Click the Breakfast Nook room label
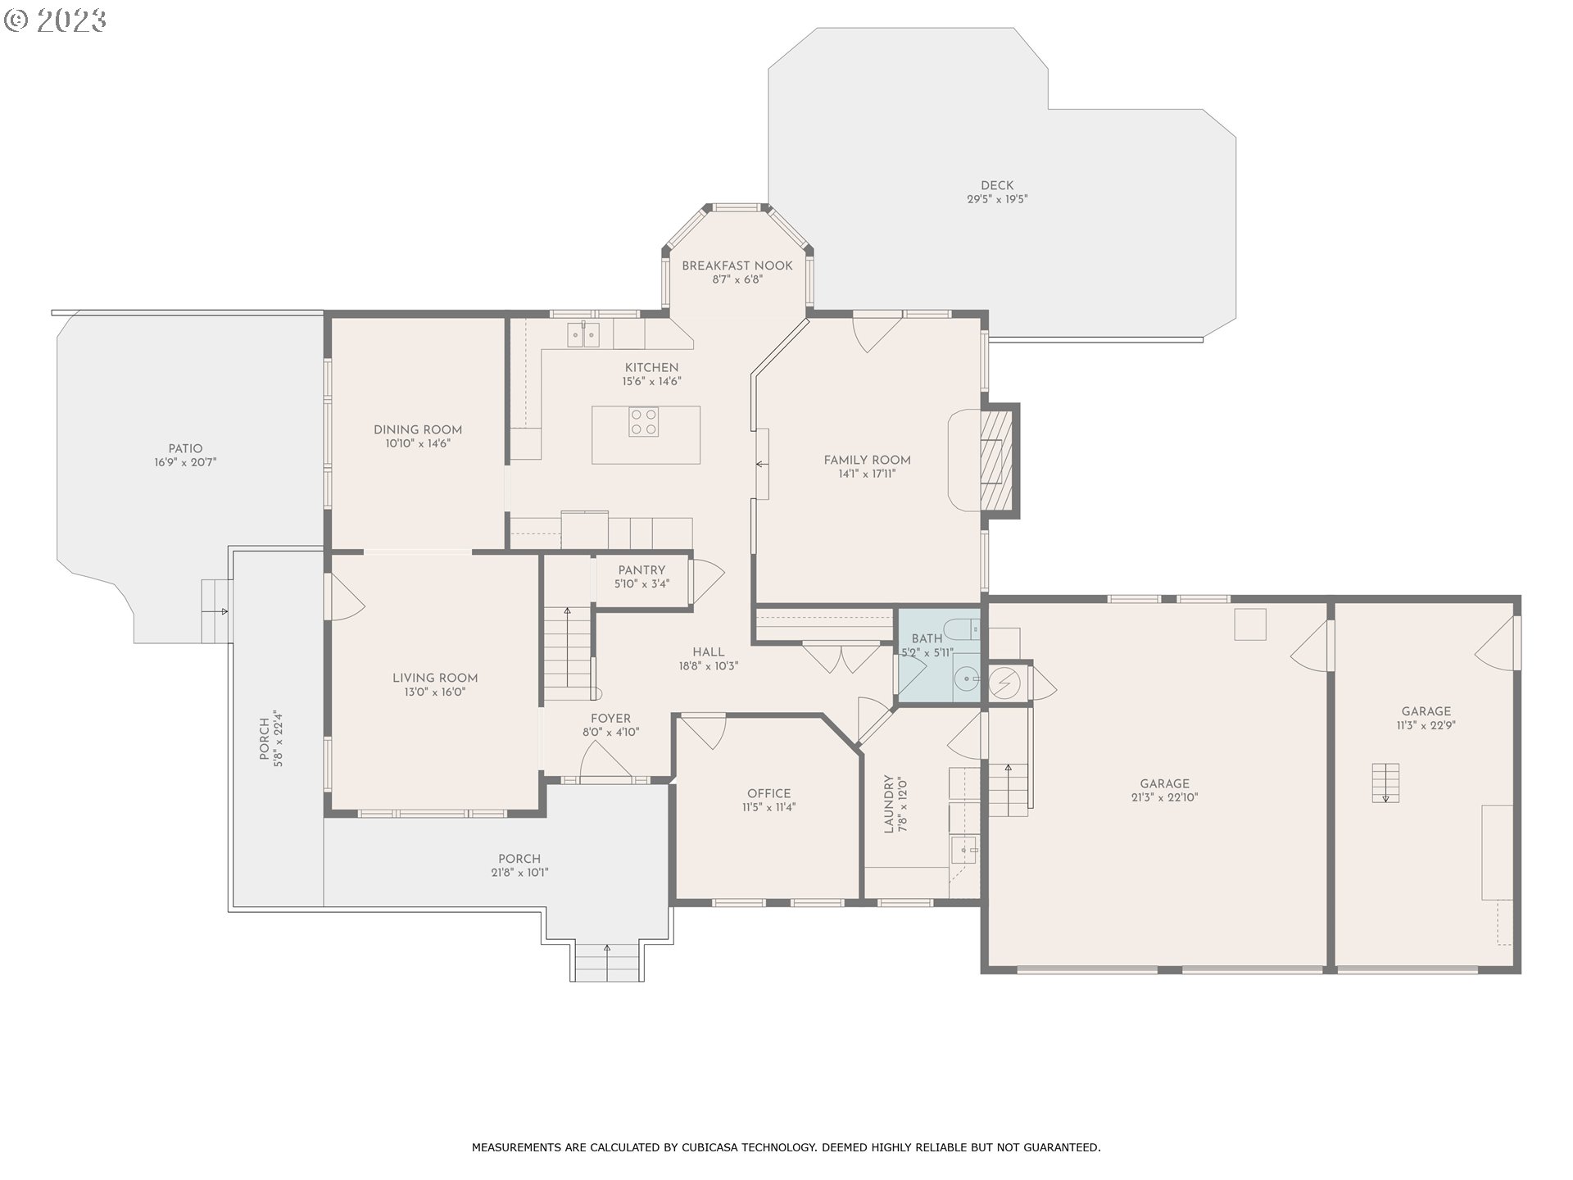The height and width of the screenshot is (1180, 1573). pos(737,265)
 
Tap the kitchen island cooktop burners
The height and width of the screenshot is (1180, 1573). pos(643,422)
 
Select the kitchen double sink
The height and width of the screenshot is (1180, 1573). pos(584,334)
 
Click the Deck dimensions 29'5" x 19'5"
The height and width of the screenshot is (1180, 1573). pos(997,199)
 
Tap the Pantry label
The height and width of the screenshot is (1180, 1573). pos(641,570)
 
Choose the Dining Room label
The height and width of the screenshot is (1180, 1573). pos(418,430)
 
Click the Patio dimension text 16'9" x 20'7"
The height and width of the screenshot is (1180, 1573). pos(186,462)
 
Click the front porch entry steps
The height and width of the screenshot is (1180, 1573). pos(607,962)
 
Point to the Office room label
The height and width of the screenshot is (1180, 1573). pos(769,793)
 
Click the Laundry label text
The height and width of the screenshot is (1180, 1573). pos(888,804)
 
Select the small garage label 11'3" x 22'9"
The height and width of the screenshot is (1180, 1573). pos(1426,725)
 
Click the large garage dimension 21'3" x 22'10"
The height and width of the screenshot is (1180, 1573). pos(1164,797)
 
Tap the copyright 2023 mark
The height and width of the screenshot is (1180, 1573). pos(56,20)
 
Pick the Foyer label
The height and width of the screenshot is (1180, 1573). pos(611,719)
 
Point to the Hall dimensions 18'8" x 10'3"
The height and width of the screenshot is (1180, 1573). pos(709,666)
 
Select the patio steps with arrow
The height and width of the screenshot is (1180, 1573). pos(217,611)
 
